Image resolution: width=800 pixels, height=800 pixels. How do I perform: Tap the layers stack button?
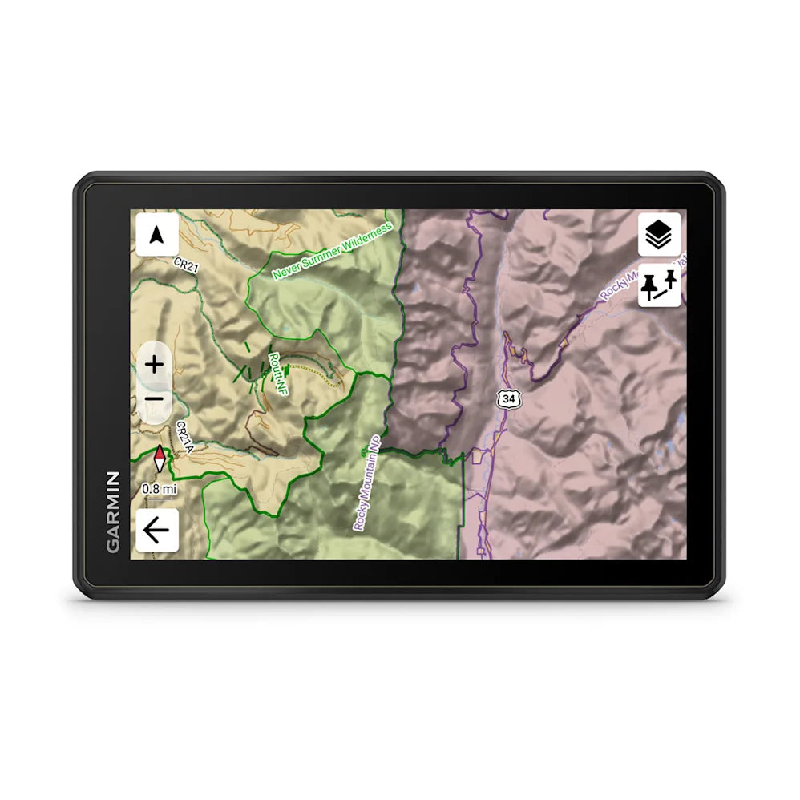pos(659,234)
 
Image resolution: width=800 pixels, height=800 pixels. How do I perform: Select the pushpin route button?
pos(659,285)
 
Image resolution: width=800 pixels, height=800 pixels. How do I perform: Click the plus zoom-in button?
pos(154,365)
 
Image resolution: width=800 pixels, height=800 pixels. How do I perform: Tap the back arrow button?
pos(157,530)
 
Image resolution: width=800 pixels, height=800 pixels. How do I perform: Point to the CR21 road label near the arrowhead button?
pos(186,265)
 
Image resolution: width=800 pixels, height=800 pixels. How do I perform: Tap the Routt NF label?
pos(278,373)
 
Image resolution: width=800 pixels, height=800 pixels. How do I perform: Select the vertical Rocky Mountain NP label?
pos(368,483)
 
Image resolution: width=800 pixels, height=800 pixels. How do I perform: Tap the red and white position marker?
pos(160,459)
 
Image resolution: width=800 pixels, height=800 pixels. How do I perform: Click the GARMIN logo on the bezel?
pos(113,511)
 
